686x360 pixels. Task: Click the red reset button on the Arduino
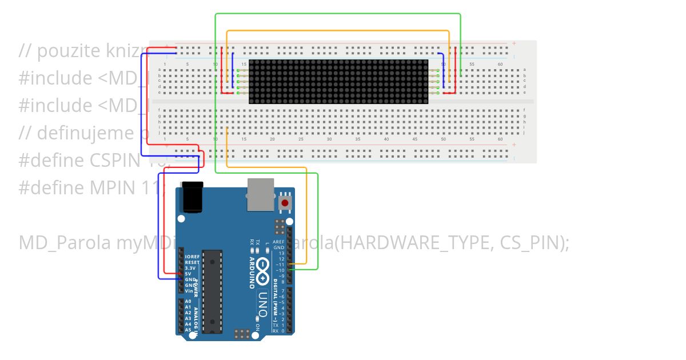tap(284, 203)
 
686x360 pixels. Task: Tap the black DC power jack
tap(192, 197)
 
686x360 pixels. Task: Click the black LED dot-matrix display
tap(338, 82)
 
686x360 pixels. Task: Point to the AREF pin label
tap(278, 242)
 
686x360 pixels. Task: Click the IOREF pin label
tap(192, 257)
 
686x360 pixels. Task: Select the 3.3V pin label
tap(191, 268)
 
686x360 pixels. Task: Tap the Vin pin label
tap(189, 291)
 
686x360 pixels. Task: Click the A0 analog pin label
tap(188, 301)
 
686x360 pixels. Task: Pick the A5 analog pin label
tap(188, 330)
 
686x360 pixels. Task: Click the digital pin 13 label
tap(281, 253)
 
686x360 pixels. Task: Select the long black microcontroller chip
tap(213, 291)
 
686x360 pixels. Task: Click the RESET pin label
tap(192, 263)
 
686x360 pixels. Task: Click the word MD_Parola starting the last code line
tap(65, 243)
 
